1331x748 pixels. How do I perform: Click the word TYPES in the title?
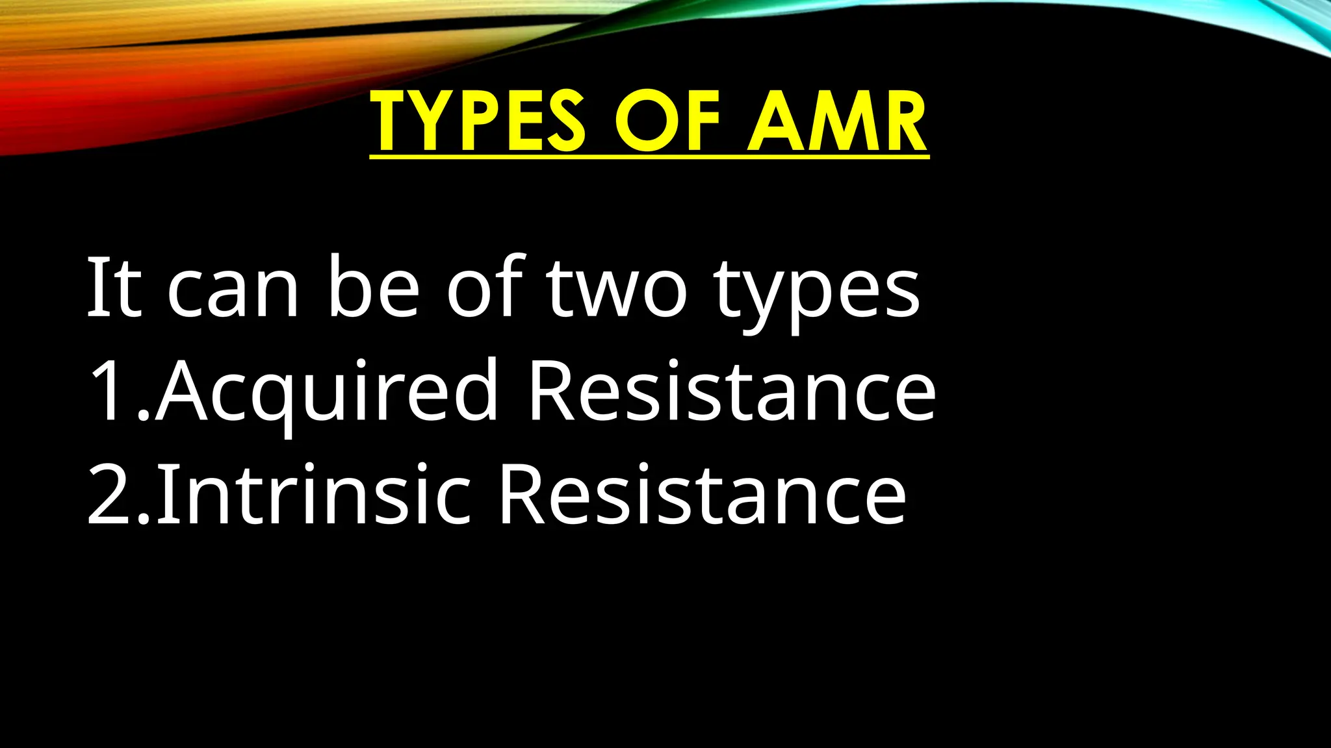(478, 121)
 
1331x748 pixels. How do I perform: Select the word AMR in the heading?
(837, 121)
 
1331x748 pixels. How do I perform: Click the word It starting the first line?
(114, 287)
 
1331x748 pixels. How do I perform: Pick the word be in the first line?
(374, 287)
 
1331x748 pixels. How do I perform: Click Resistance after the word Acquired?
(732, 392)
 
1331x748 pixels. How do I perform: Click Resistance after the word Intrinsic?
(702, 495)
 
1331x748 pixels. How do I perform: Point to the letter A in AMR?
(778, 121)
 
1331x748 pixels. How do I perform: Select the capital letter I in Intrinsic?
(165, 495)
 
